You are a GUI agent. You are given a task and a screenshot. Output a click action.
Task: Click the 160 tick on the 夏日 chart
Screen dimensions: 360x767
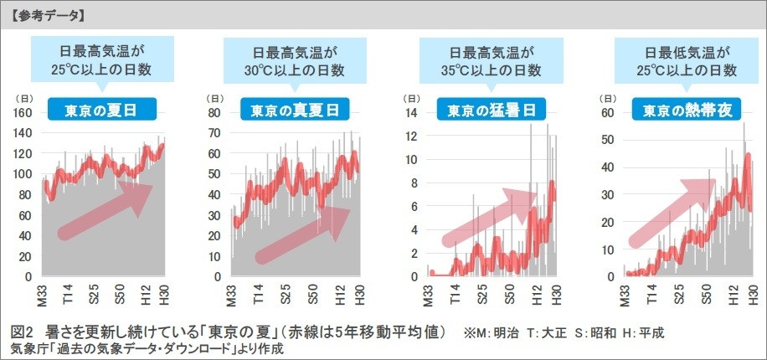(x=23, y=113)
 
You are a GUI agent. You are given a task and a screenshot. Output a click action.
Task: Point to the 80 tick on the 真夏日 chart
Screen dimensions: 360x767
(x=214, y=113)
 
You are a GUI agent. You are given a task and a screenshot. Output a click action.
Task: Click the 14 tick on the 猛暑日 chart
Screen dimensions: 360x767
(x=410, y=113)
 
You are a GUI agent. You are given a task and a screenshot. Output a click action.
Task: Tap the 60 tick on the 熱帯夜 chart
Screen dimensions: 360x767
(x=609, y=113)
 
